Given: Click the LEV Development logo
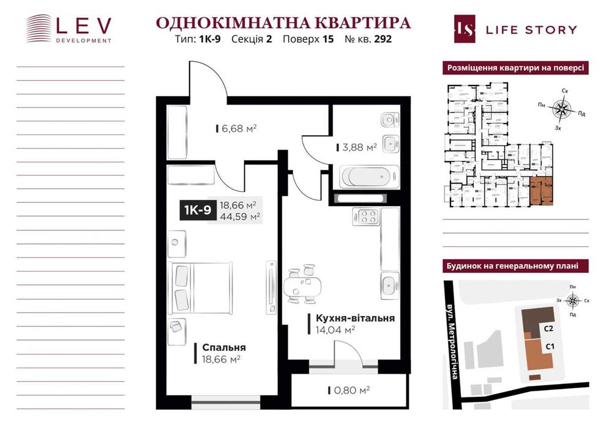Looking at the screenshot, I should coord(69,28).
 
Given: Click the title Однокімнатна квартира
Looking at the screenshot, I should coord(283,23).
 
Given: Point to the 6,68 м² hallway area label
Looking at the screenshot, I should coord(238,128).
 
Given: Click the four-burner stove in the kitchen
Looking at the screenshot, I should coord(366,216).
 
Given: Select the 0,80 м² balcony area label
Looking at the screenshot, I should coord(351,389).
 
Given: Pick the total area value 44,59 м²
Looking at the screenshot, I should coord(240,216).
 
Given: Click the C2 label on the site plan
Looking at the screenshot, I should coord(548,328).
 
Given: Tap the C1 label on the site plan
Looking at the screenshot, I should coord(549,347).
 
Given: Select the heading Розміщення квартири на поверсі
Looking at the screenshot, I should coord(515,68).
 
